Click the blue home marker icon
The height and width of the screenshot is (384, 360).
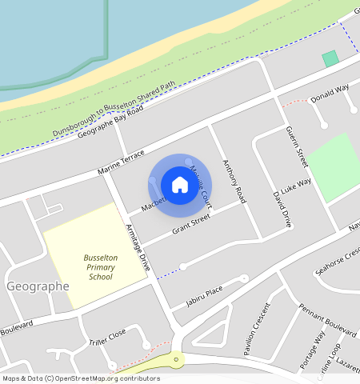[x=180, y=185]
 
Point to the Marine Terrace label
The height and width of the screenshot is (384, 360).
[x=122, y=162]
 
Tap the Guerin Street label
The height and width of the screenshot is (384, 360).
[x=297, y=145]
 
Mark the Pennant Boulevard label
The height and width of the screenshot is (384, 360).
[x=327, y=319]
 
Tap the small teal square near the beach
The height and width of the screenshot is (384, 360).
[x=330, y=58]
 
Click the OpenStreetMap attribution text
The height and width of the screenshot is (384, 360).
[x=80, y=378]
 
